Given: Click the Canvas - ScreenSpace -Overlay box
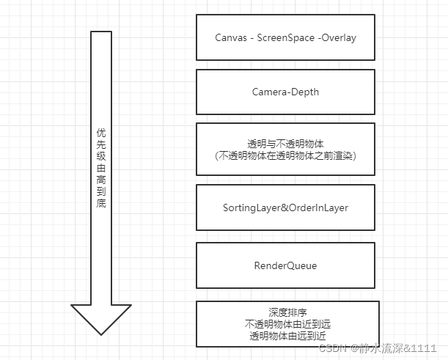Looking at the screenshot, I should pos(285,37).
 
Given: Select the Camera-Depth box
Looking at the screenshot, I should pos(285,92).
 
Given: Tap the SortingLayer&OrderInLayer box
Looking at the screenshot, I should pos(285,207).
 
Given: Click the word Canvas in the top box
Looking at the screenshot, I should pos(230,37).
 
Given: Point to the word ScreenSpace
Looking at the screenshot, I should pos(286,37).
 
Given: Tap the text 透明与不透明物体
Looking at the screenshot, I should pos(285,143).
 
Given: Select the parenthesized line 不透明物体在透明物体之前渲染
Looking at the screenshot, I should pos(285,155).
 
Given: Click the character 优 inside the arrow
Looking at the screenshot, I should pos(101,133).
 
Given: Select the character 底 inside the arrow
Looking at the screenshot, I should pos(101,202).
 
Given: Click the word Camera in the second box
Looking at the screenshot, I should pos(269,92).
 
